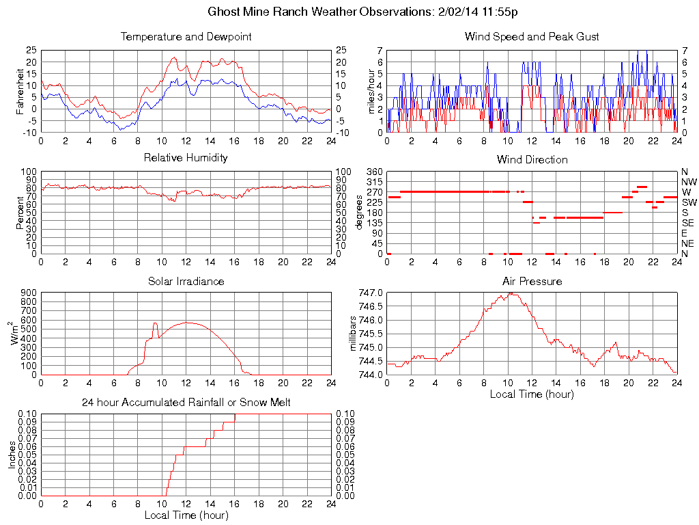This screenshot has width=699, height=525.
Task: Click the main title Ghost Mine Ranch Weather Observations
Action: [x=349, y=12]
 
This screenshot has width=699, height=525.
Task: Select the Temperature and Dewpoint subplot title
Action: [x=186, y=36]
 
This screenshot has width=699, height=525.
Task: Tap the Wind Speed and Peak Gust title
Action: [x=532, y=36]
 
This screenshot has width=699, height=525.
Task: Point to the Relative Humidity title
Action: [x=186, y=158]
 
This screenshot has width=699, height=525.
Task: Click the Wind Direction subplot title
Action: [x=532, y=160]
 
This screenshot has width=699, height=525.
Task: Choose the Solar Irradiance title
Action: [x=186, y=281]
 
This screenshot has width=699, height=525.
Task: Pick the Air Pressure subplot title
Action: [x=532, y=281]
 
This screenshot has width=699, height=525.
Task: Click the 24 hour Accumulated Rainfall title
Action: [x=186, y=403]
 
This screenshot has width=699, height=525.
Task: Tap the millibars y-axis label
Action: [x=353, y=333]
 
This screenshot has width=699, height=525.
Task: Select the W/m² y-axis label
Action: [x=16, y=333]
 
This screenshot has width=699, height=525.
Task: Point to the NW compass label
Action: [x=689, y=182]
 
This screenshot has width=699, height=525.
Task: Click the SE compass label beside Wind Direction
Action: [x=688, y=223]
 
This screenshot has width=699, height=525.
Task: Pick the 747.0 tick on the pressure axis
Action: [x=371, y=292]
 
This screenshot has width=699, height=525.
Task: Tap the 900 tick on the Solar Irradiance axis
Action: [x=29, y=292]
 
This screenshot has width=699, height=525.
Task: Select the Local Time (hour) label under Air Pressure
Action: [x=532, y=394]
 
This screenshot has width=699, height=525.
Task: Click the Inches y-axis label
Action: [x=12, y=455]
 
